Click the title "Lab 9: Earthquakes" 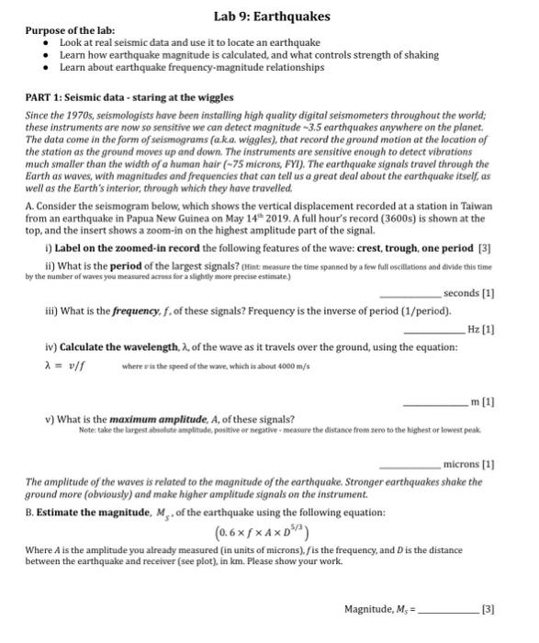point(271,17)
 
